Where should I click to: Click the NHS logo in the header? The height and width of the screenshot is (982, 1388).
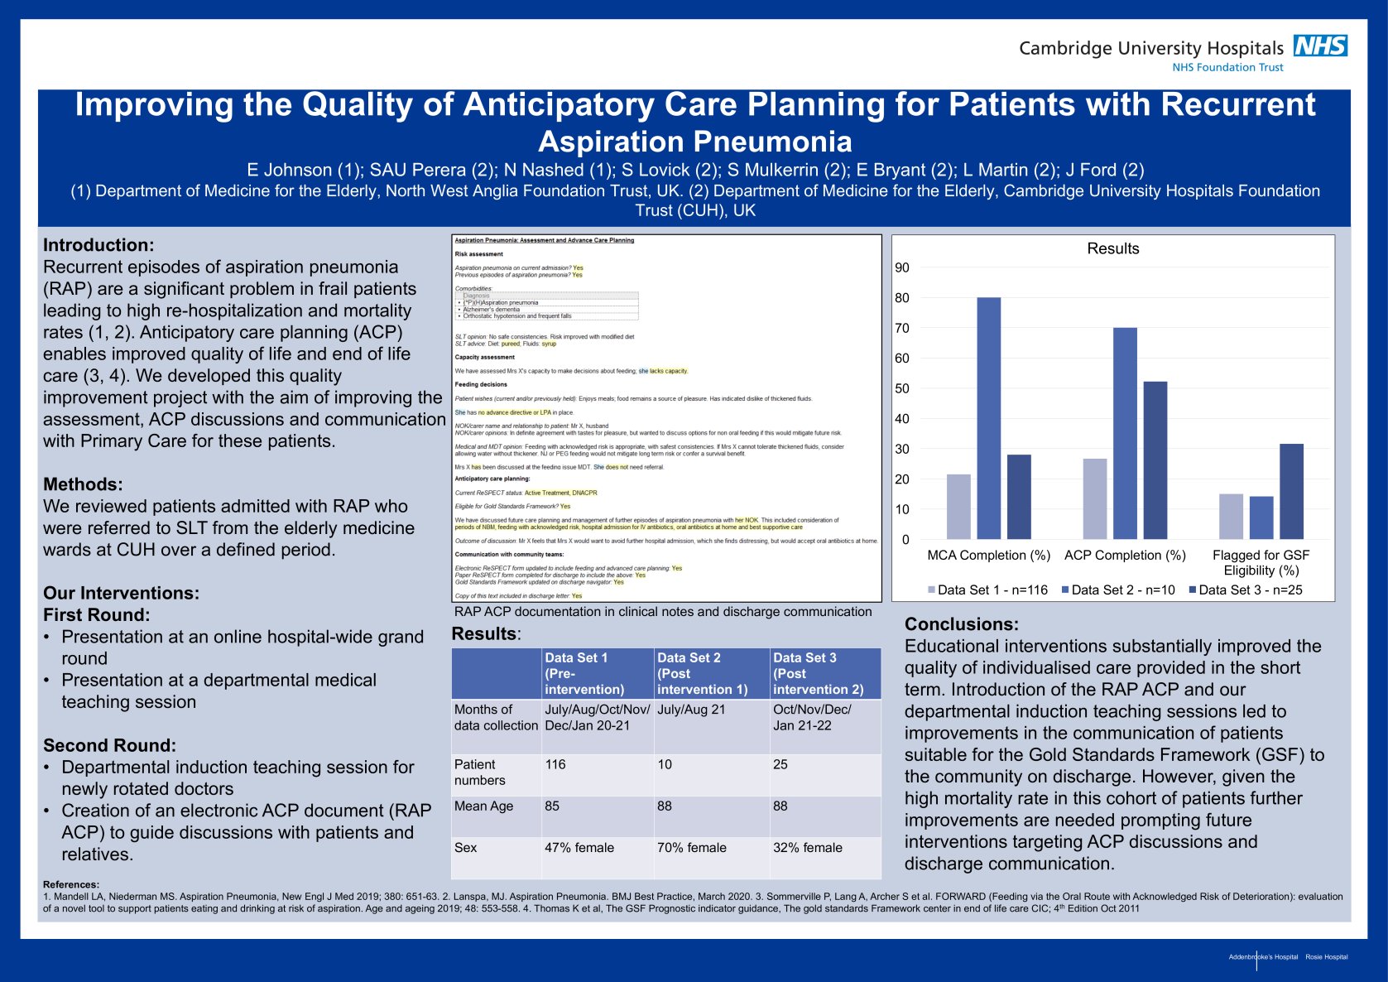point(1320,46)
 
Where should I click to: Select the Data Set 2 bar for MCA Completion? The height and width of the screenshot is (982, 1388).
point(988,418)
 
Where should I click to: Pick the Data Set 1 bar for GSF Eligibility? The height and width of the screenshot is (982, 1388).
point(1231,517)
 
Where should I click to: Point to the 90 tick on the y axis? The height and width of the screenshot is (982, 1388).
point(901,267)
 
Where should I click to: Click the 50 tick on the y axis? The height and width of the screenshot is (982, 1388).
point(901,388)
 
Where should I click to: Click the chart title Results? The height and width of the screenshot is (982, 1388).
point(1112,248)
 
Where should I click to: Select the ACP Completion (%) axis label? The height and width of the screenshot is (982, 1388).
point(1125,555)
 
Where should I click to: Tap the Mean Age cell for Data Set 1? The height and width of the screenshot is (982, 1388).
point(552,806)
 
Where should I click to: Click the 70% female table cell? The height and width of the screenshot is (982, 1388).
point(691,848)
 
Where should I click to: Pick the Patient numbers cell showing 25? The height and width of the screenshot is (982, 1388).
point(780,764)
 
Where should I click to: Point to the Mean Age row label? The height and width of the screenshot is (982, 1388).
point(483,806)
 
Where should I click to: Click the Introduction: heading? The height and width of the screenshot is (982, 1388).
point(98,245)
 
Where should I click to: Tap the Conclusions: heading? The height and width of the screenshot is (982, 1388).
point(961,624)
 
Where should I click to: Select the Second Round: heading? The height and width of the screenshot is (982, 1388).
point(109,745)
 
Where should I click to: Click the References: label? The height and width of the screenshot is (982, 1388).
point(70,884)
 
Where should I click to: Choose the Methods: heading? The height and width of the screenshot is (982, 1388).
point(83,484)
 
